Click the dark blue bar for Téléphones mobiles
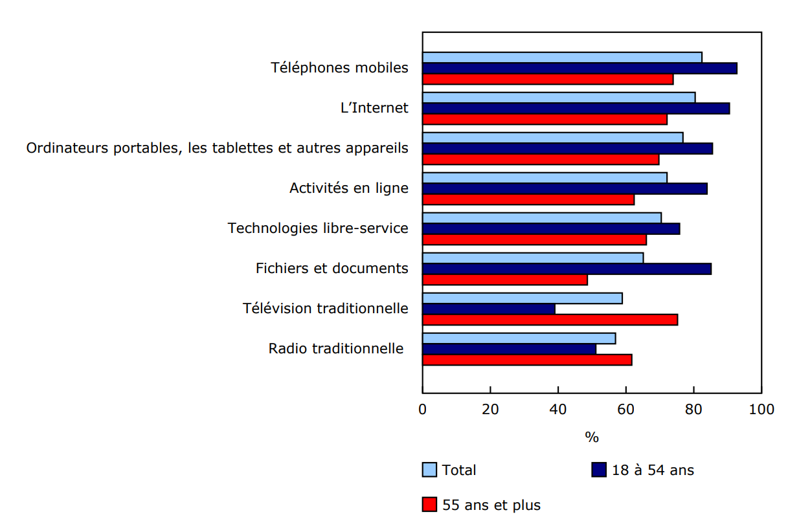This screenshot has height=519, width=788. click(x=580, y=69)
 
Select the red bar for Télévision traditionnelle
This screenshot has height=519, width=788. click(x=550, y=320)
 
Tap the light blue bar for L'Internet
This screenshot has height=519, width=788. click(x=559, y=97)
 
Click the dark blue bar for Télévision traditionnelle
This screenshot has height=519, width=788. click(x=489, y=309)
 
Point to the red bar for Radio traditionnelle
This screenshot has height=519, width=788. click(x=527, y=360)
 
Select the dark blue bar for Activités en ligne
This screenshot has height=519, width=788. click(x=565, y=188)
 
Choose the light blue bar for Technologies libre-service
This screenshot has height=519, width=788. click(x=542, y=217)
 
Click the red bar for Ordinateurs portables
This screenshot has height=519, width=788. click(x=541, y=159)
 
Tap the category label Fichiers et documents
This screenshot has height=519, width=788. click(x=332, y=269)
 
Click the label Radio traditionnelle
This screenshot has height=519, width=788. click(x=335, y=349)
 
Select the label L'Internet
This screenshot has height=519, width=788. click(x=374, y=108)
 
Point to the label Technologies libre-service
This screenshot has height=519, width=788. click(x=318, y=228)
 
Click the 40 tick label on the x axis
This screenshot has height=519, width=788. click(x=558, y=410)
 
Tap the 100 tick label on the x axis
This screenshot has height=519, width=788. click(x=761, y=410)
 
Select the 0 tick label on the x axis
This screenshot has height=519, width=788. click(x=423, y=410)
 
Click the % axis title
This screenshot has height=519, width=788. click(x=592, y=438)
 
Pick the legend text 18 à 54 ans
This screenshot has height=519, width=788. click(x=653, y=470)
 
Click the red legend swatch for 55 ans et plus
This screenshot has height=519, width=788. click(x=429, y=504)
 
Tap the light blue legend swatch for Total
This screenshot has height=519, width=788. click(x=429, y=470)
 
